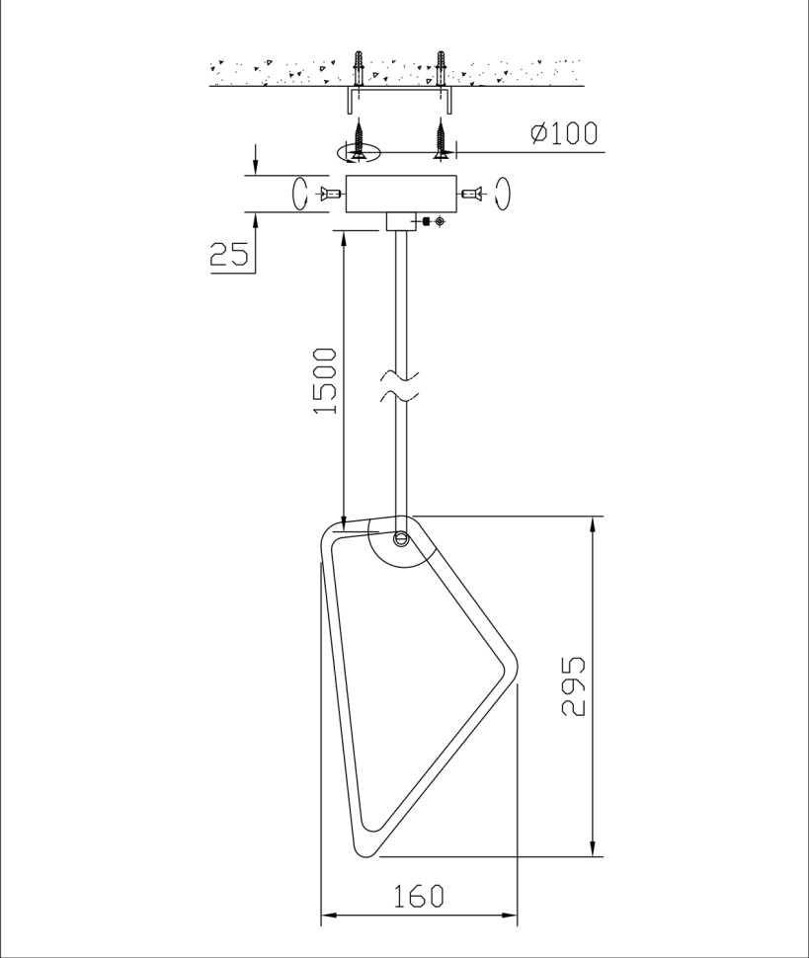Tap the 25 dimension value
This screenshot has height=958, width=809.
click(x=229, y=254)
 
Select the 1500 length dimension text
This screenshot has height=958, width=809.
click(x=324, y=380)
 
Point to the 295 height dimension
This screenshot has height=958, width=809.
click(x=573, y=686)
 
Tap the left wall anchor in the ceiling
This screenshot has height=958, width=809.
click(x=359, y=68)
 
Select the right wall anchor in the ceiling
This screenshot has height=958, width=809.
click(x=441, y=68)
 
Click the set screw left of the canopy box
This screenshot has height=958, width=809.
click(x=329, y=194)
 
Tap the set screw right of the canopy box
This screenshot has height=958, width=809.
click(x=473, y=194)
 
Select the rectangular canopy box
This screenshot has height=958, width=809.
click(x=401, y=195)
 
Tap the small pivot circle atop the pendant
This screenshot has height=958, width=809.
click(x=401, y=538)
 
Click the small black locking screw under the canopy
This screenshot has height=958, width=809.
click(x=427, y=221)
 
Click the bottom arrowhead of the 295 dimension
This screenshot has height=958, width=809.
click(x=593, y=848)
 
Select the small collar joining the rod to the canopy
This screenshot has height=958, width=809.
click(x=400, y=222)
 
